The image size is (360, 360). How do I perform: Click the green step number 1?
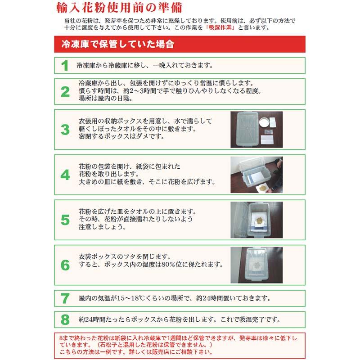click(x=65, y=66)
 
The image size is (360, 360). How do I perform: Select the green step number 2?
click(x=65, y=92)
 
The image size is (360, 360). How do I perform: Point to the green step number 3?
click(x=65, y=130)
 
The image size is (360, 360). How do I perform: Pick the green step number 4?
click(x=65, y=175)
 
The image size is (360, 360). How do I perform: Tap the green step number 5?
click(x=65, y=220)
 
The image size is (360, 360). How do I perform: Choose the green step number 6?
click(x=65, y=265)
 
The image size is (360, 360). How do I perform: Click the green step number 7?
click(x=65, y=298)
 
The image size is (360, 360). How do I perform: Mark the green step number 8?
click(x=65, y=320)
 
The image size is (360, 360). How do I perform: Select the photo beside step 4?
click(x=256, y=175)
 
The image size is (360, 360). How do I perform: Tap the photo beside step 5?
click(x=256, y=220)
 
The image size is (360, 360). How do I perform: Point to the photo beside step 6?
click(x=256, y=265)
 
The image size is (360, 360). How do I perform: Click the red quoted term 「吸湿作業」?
click(x=221, y=27)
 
